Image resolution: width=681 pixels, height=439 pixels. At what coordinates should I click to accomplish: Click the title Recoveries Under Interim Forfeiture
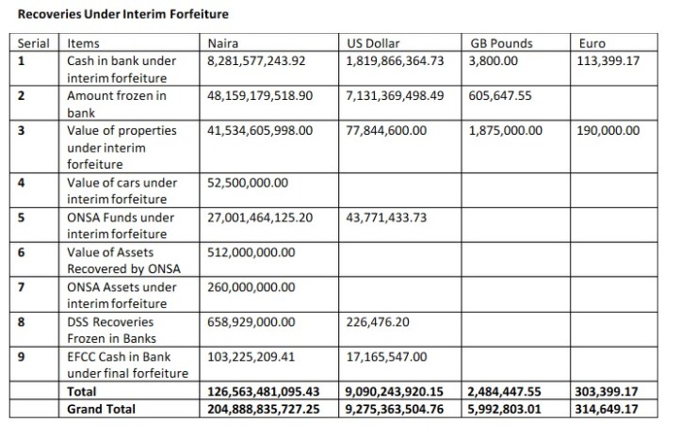pos(122,15)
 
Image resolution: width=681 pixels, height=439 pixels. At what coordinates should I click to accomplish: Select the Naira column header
pos(223,43)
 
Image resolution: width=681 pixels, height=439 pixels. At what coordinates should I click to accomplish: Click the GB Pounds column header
pos(500,43)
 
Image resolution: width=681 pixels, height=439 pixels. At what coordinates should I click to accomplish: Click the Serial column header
pos(35,43)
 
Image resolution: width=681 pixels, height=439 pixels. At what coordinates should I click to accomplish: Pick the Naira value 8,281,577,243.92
pos(256,61)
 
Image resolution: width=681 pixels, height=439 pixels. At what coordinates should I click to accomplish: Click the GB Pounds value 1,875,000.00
pos(505,131)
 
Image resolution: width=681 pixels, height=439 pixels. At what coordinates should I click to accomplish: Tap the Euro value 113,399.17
pos(608,61)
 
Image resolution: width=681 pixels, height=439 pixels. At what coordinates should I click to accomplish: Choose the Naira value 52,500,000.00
pos(247,183)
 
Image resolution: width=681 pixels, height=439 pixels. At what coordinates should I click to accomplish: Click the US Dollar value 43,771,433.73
pos(386,218)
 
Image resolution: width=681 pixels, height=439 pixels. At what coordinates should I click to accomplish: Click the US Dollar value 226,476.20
pos(378,321)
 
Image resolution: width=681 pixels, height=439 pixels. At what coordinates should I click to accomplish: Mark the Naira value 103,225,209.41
pos(250,357)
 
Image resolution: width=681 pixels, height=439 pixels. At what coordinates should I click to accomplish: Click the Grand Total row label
pos(101,409)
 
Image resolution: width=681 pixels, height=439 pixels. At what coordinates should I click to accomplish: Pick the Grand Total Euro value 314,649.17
pos(608,409)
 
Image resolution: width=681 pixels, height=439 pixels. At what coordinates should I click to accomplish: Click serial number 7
pos(21,287)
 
